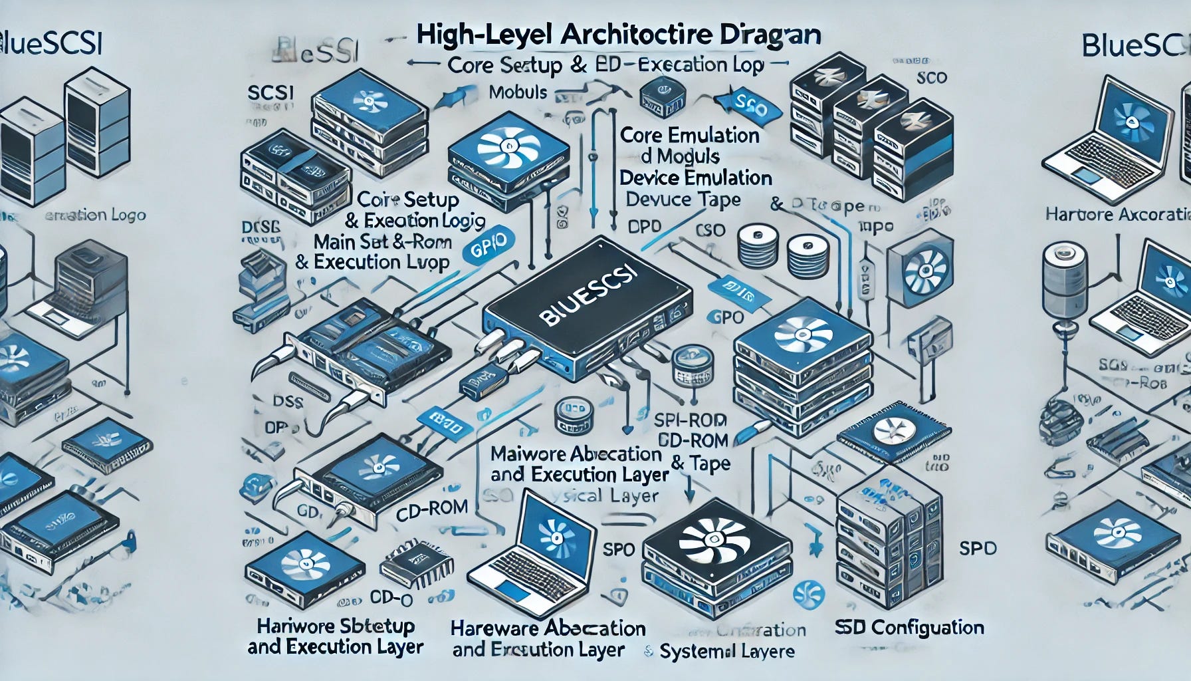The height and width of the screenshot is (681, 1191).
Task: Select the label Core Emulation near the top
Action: [689, 136]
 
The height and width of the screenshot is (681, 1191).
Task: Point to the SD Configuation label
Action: [909, 627]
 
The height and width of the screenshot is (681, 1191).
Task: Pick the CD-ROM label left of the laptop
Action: [432, 507]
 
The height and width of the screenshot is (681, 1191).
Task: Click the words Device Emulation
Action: [695, 178]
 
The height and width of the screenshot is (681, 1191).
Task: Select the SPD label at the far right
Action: [978, 549]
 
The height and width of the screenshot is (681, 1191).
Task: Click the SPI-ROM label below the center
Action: [691, 420]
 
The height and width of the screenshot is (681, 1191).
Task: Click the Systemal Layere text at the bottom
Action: [727, 651]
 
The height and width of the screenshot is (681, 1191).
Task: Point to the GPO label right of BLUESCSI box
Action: [726, 317]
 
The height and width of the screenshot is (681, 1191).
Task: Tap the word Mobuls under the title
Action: [518, 92]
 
